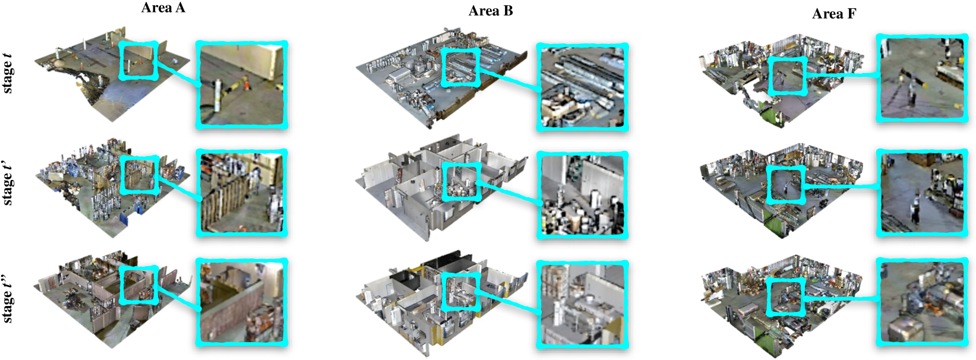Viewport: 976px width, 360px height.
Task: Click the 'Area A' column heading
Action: click(163, 8)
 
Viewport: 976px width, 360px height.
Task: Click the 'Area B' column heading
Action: click(491, 11)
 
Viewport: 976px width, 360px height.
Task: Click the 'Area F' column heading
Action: click(834, 14)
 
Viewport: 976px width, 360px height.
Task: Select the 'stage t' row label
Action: click(7, 74)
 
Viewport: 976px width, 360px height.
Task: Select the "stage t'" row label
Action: click(7, 185)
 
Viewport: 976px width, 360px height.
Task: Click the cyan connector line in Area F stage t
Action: click(841, 75)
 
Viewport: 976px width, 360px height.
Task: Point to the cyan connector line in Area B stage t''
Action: click(510, 301)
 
